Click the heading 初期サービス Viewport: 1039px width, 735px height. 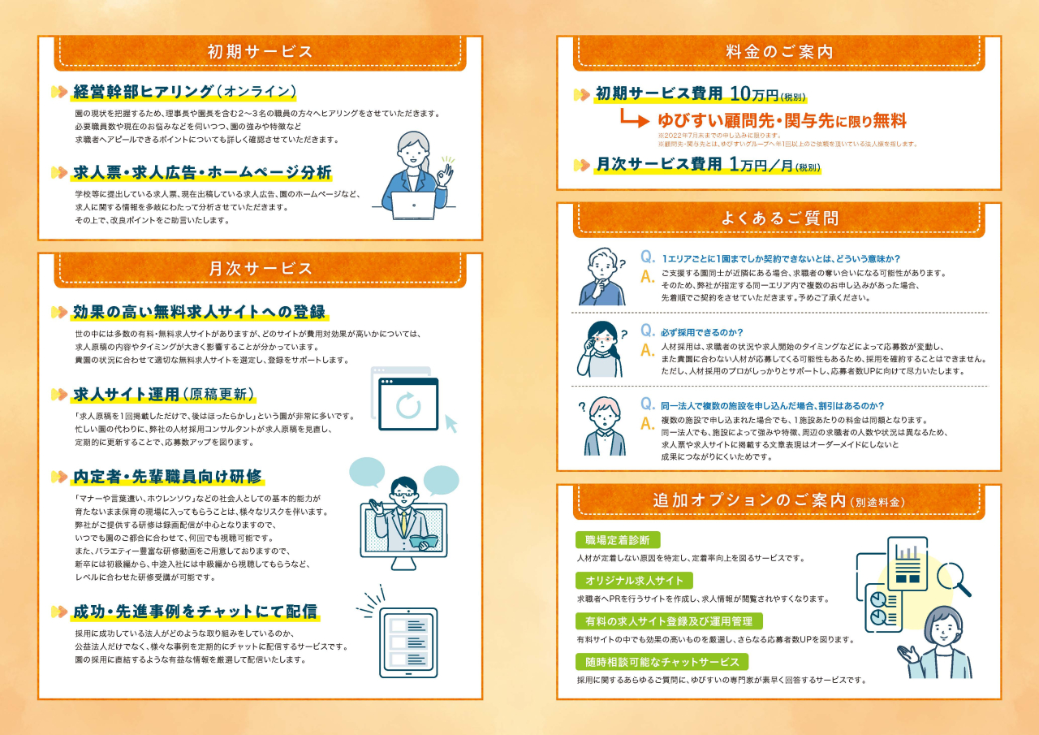pos(260,51)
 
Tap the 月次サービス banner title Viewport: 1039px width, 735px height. pos(260,269)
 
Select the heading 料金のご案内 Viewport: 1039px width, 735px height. pos(779,51)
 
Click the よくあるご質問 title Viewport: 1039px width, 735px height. pos(779,218)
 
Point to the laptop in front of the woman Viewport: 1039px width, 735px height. pos(413,205)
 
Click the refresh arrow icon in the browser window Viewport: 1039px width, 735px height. pos(408,405)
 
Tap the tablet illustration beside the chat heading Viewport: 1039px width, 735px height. pos(408,643)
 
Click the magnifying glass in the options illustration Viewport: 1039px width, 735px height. pos(952,578)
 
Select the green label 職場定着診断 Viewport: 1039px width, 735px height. pos(618,540)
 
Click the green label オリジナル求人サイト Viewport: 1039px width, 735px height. pos(634,581)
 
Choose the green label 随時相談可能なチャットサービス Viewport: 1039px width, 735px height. pos(662,662)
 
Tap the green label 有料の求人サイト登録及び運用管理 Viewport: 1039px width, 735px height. pos(669,621)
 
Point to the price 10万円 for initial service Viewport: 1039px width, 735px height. pos(754,93)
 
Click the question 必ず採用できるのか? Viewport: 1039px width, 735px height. pos(702,332)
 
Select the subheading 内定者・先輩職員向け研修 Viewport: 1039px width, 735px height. pos(167,477)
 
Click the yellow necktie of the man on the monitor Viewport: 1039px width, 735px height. pos(404,522)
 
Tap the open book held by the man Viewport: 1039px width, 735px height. pos(423,541)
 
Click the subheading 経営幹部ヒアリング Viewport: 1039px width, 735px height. pos(144,92)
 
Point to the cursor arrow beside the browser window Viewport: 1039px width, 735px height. pos(451,423)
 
